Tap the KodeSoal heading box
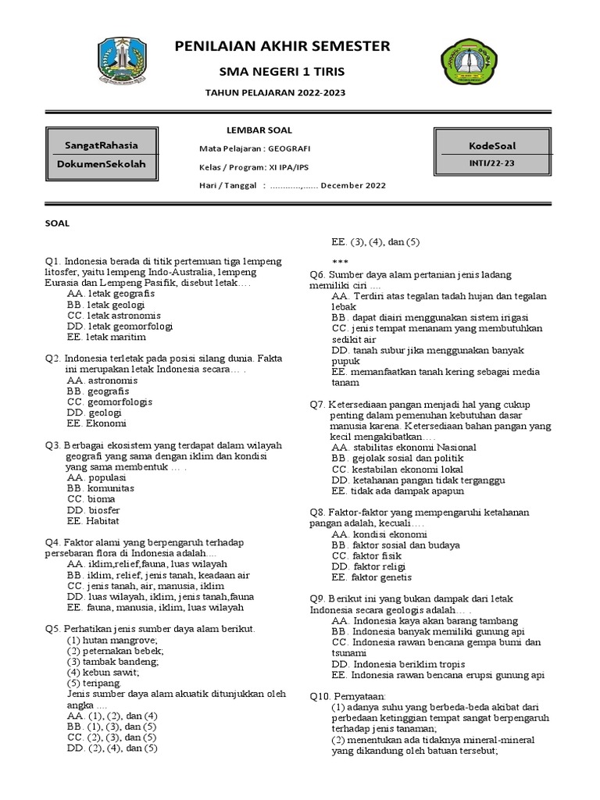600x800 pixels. point(492,145)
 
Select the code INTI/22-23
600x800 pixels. point(492,163)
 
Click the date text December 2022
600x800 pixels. point(352,186)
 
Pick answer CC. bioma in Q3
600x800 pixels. point(91,498)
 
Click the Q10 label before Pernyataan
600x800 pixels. point(321,695)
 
